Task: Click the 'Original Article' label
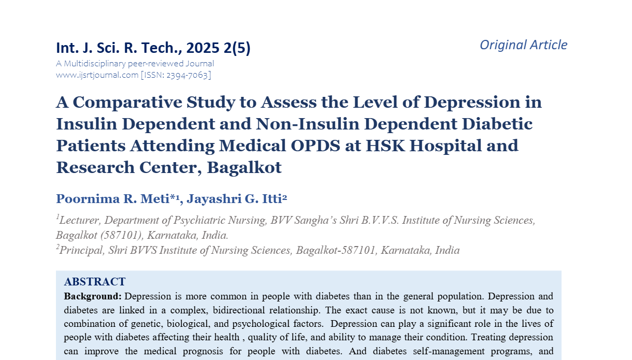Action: click(523, 45)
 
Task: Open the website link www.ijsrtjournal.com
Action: click(97, 75)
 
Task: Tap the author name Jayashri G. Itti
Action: click(235, 199)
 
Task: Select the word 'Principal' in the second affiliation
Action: click(82, 251)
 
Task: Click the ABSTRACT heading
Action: click(94, 282)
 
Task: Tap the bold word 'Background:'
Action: click(93, 297)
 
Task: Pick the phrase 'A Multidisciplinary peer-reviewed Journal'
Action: click(135, 64)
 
